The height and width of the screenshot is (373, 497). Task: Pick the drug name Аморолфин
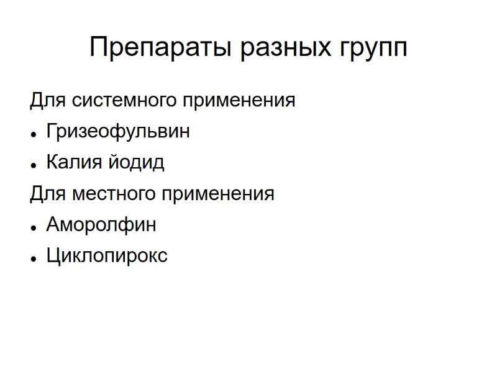click(x=101, y=224)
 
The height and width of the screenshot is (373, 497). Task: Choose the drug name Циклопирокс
click(x=107, y=256)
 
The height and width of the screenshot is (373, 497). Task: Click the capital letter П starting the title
click(x=99, y=47)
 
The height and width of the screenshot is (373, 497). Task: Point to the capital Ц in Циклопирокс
click(x=52, y=256)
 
